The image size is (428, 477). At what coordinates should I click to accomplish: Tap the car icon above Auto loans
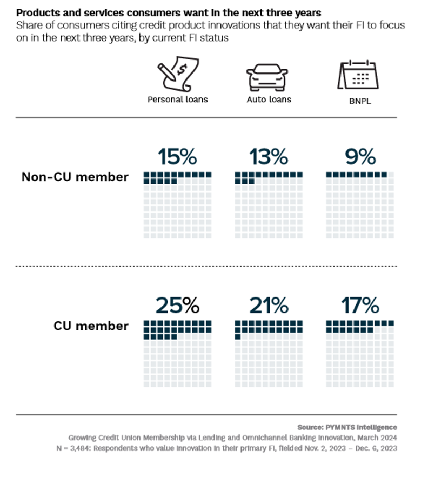click(269, 77)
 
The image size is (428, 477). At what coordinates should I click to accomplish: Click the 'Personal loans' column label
click(177, 100)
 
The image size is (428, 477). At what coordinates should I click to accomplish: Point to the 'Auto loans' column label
click(269, 100)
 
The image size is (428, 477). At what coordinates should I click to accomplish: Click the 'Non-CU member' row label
click(75, 177)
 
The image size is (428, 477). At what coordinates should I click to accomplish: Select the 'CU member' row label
click(91, 326)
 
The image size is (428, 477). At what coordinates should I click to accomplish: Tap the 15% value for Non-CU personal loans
click(177, 157)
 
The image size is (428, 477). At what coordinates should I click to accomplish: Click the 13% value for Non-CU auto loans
click(269, 157)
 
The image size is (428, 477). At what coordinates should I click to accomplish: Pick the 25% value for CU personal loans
click(177, 306)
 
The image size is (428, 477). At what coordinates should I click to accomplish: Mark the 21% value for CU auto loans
click(269, 306)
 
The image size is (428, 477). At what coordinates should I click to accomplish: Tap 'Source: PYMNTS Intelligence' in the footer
click(346, 427)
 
